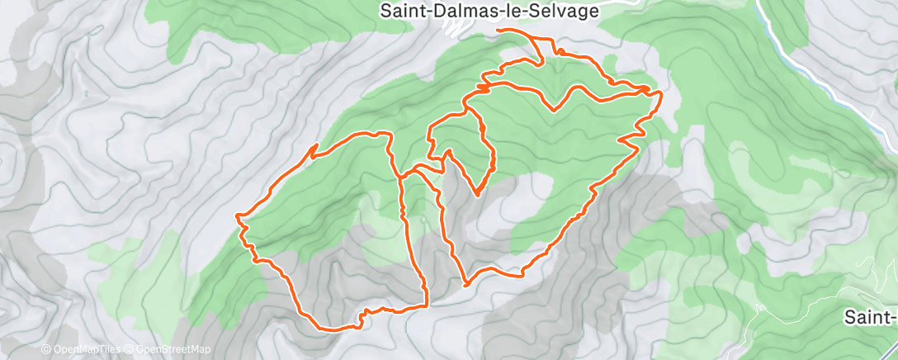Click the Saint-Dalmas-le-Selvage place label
pyautogui.click(x=490, y=11)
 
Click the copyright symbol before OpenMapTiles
pyautogui.click(x=46, y=349)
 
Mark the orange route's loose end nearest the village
pyautogui.click(x=499, y=30)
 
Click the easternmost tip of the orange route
pyautogui.click(x=662, y=96)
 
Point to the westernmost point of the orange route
pyautogui.click(x=237, y=216)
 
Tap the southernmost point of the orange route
pyautogui.click(x=330, y=329)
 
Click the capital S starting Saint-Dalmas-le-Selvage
pyautogui.click(x=385, y=11)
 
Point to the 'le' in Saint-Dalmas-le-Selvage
pyautogui.click(x=520, y=11)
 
